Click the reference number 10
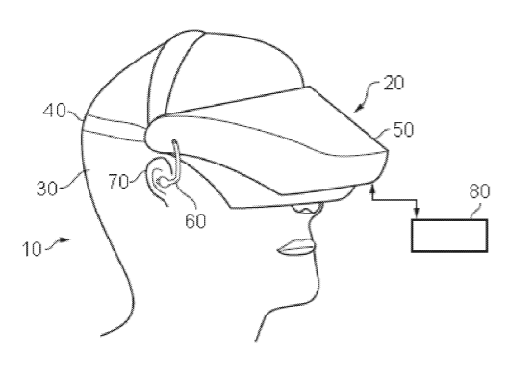click(32, 249)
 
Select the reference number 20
click(394, 83)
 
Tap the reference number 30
click(47, 189)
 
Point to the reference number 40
click(54, 111)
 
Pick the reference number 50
click(403, 130)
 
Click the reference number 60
click(195, 221)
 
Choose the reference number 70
click(118, 182)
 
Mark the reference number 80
click(479, 191)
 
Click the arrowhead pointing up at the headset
click(372, 188)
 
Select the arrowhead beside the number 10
click(64, 239)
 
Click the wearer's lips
click(295, 247)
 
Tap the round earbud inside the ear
click(165, 183)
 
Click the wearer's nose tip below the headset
click(307, 209)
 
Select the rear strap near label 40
click(114, 129)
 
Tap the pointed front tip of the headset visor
click(387, 150)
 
